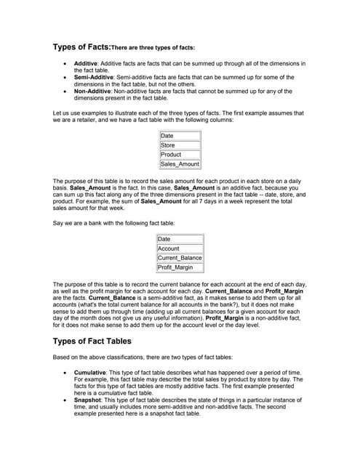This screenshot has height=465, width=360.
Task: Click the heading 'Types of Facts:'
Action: pyautogui.click(x=80, y=47)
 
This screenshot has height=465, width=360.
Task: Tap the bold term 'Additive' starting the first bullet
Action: pyautogui.click(x=86, y=63)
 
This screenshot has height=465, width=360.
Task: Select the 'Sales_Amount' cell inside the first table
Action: pyautogui.click(x=180, y=164)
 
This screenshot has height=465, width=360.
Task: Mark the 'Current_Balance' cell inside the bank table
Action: pyautogui.click(x=180, y=258)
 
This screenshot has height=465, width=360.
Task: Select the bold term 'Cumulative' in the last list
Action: pyautogui.click(x=90, y=371)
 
